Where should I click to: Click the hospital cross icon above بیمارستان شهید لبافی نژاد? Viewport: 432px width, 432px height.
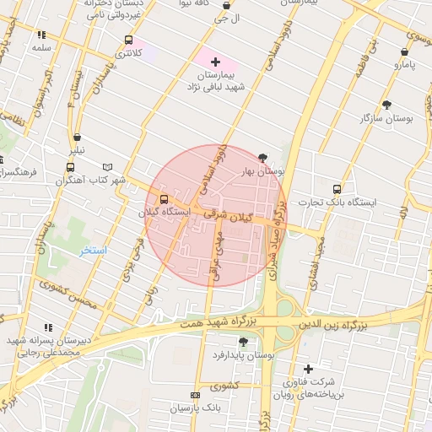[215, 62]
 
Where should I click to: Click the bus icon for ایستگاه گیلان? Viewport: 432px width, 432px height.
[163, 200]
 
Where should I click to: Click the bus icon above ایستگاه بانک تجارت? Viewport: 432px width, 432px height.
[337, 189]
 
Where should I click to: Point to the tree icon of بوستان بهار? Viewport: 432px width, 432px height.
[263, 158]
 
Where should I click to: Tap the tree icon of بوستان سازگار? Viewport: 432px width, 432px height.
[387, 105]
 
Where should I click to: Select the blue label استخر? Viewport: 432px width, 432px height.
[94, 251]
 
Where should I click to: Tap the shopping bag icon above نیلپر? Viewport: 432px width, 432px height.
[77, 138]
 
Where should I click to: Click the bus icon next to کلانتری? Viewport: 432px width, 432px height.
[128, 40]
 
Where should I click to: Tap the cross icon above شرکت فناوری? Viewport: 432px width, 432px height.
[308, 369]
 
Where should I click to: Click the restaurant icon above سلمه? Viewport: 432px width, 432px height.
[40, 35]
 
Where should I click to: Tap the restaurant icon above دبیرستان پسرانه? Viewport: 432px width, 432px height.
[47, 327]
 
